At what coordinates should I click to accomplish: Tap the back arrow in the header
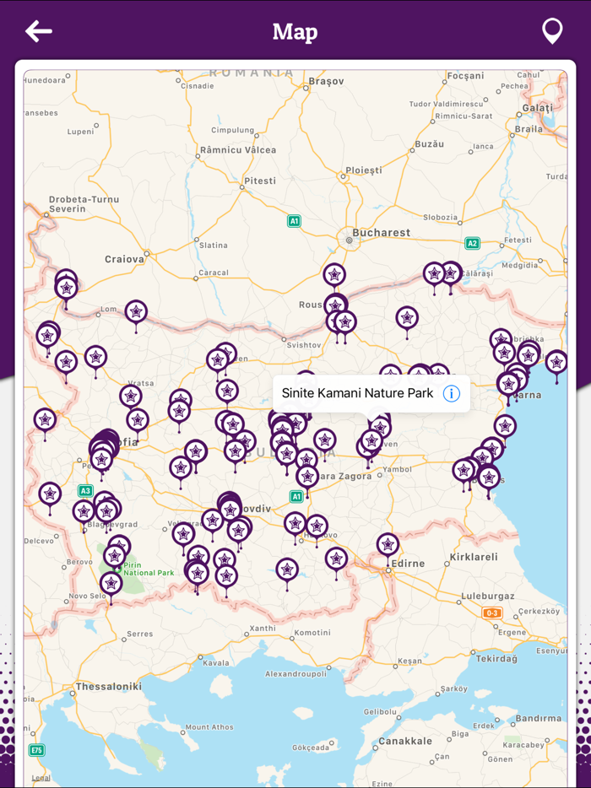point(39,32)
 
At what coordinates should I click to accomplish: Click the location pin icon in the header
point(552,31)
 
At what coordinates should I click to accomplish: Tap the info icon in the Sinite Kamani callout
point(452,393)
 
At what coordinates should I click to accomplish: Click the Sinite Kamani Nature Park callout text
point(357,393)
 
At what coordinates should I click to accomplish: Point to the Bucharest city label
point(382,232)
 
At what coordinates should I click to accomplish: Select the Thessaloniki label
point(108,686)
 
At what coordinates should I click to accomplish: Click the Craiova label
point(124,258)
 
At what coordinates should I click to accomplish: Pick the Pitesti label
point(259,181)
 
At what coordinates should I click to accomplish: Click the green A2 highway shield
point(472,243)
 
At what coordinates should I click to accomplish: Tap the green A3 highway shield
point(85,490)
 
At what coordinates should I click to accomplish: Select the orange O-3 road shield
point(492,613)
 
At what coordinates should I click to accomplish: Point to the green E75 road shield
point(36,750)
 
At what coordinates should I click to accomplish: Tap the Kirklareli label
point(474,557)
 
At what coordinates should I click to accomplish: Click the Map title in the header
point(295,32)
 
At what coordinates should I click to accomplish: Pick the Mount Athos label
point(209,726)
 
